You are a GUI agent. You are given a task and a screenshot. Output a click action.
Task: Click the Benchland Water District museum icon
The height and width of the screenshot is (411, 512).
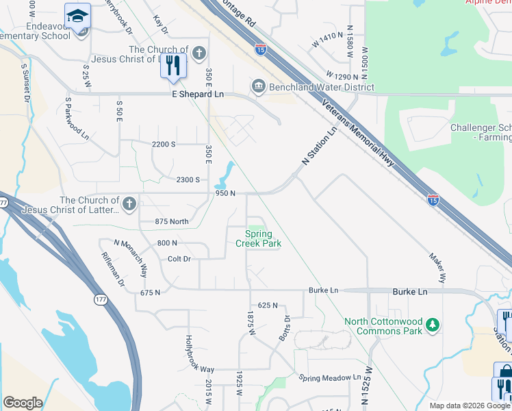coord(258,86)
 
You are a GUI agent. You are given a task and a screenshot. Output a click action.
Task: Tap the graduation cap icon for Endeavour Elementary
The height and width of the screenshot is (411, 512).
coord(77,15)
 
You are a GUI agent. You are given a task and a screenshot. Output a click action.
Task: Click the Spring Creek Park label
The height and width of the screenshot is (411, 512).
coord(259,238)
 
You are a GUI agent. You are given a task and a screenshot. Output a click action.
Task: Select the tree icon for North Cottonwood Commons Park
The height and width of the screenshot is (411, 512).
coord(432,323)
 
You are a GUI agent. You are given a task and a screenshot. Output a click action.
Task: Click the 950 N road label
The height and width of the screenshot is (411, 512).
coord(225,193)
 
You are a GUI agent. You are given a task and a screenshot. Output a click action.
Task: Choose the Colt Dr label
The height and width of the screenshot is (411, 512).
coord(179,259)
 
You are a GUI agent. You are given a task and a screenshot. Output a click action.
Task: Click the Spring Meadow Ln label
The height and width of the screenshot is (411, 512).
coord(330,377)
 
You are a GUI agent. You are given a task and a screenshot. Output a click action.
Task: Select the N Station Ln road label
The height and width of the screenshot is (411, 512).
coord(320,145)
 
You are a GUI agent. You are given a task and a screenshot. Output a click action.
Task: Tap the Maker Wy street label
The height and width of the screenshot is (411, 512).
coord(438,269)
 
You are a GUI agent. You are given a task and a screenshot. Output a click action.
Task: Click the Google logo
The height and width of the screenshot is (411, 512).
coord(23,403)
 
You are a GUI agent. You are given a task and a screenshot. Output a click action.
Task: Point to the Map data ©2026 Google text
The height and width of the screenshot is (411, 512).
coord(460,406)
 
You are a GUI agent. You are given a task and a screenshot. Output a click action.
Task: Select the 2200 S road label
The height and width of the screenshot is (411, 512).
coord(164,144)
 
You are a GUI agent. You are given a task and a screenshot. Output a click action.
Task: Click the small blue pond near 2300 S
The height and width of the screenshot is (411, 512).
coord(224,176)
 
